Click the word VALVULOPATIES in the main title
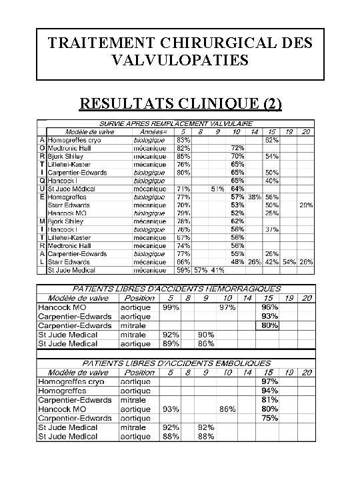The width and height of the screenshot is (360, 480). pos(181,61)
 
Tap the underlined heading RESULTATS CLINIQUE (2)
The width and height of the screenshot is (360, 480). pos(180,104)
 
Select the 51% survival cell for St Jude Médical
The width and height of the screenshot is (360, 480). pos(217,189)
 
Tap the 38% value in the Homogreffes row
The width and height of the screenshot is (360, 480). pos(254,197)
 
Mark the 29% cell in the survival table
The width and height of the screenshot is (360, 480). pos(306,205)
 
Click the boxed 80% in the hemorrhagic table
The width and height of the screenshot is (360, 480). pos(270,325)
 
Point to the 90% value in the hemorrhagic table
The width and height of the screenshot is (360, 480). pos(205,335)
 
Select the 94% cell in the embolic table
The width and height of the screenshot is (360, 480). pos(269,390)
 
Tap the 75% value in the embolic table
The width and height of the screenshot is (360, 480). pos(269,418)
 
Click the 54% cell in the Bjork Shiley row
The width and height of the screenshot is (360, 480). pos(271,156)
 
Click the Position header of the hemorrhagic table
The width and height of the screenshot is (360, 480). pos(139,298)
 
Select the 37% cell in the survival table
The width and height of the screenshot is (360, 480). pos(271,229)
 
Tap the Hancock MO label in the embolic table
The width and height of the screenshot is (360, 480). pos(63,409)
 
